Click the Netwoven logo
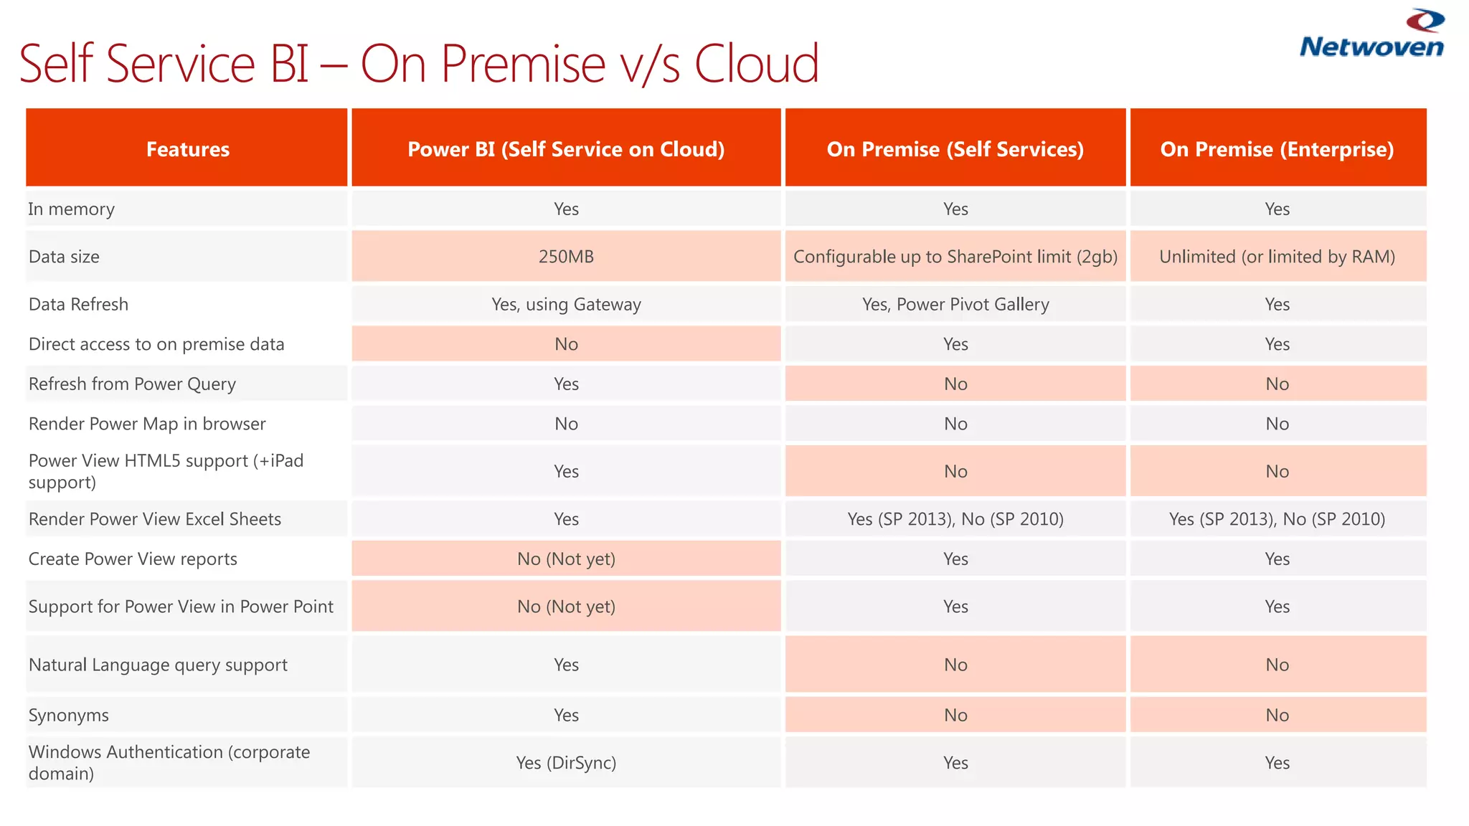(x=1371, y=34)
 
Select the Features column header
(x=187, y=148)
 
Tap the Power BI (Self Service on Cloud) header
(x=566, y=148)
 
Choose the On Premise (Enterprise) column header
(x=1277, y=148)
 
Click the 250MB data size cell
(x=566, y=256)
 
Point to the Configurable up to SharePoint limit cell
(x=955, y=256)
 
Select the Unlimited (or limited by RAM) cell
(x=1277, y=256)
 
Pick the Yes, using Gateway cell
(x=566, y=304)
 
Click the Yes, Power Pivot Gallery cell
(x=955, y=304)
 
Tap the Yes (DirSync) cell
(x=566, y=762)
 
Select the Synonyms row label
(x=69, y=715)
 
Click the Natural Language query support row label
(x=158, y=665)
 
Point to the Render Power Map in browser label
(x=147, y=424)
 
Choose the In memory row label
(x=71, y=209)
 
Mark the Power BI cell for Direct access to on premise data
(x=566, y=344)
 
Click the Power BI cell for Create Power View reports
(x=566, y=559)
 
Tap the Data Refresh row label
(x=78, y=304)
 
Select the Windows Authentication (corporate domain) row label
(x=169, y=762)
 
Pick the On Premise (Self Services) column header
(x=955, y=148)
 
